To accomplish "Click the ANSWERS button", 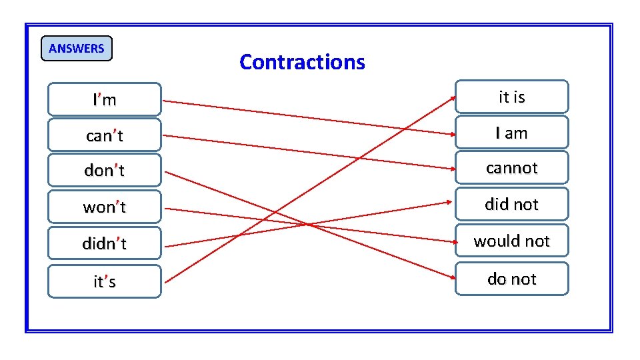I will (x=77, y=48).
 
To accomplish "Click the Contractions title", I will (x=302, y=62).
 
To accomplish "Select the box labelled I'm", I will (x=105, y=100).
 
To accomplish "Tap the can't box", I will (x=105, y=136).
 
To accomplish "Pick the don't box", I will (x=105, y=171).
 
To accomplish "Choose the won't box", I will (x=105, y=207).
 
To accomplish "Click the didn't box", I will (x=105, y=244).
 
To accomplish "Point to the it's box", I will (x=105, y=281).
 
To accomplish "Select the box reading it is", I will (x=511, y=97).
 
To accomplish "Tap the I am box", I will (x=511, y=133).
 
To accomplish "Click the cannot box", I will (x=511, y=168).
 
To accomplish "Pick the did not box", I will (x=511, y=204).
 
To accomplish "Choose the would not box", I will (x=511, y=241).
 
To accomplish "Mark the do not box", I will (x=511, y=279).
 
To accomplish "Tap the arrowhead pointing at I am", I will (x=452, y=133).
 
